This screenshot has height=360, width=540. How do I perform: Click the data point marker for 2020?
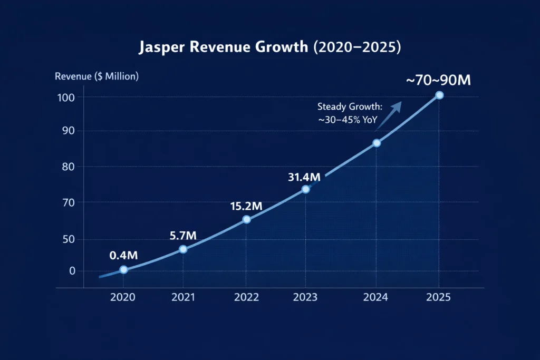tap(123, 269)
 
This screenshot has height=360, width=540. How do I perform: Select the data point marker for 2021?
tap(183, 249)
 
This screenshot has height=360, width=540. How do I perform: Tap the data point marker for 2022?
tap(246, 219)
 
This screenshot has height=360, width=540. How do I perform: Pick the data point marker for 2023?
tap(305, 189)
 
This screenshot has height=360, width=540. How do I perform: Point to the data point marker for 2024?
tap(377, 143)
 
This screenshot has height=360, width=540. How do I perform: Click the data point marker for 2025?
tap(439, 95)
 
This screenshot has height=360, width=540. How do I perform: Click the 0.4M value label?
tap(123, 256)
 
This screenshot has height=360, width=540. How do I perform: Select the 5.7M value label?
tap(183, 236)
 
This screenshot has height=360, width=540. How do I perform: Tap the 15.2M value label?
tap(246, 206)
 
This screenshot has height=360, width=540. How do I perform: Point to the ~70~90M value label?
tap(438, 81)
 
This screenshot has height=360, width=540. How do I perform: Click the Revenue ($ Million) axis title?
tap(97, 76)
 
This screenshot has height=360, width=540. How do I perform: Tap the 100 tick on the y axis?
tap(67, 97)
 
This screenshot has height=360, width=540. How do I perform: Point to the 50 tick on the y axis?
tap(70, 239)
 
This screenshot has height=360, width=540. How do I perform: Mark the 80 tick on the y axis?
tap(70, 167)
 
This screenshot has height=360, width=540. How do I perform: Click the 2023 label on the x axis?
tap(305, 297)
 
